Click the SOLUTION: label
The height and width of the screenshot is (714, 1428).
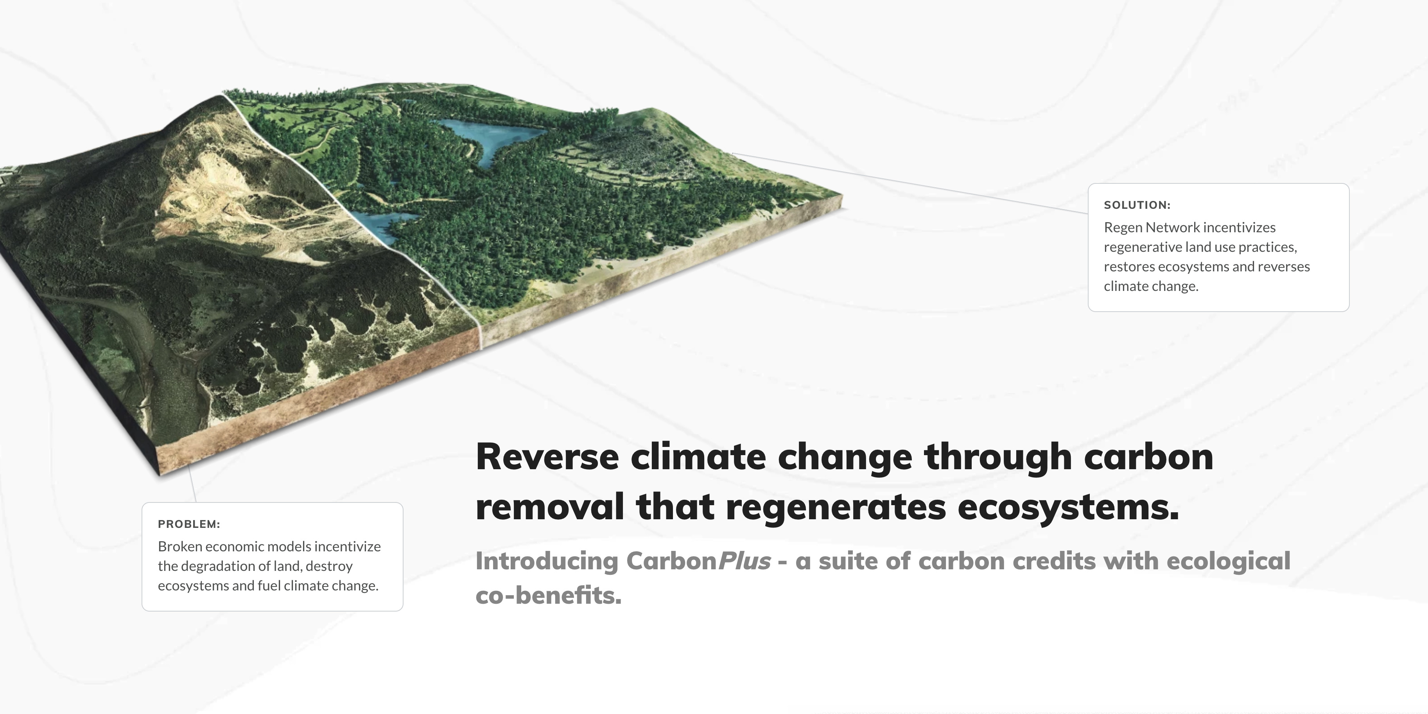pos(1137,205)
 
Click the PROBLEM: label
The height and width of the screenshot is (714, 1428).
pos(189,524)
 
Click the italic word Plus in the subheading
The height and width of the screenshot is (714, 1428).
pos(744,561)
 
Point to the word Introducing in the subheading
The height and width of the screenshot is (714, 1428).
pos(547,562)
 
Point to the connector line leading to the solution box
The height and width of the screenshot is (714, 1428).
pos(910,183)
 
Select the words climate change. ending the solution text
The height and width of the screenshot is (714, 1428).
pos(1151,287)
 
